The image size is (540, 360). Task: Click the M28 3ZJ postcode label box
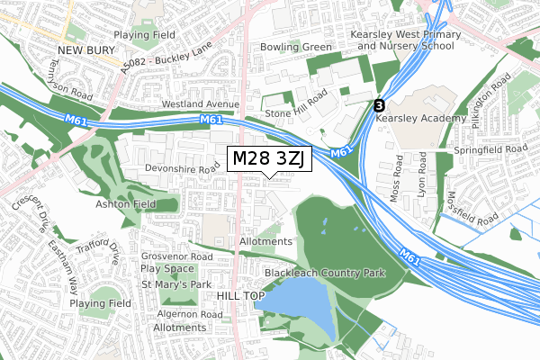tap(269, 159)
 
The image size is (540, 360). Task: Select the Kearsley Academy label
tap(422, 119)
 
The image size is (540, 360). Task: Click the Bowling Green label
tap(295, 46)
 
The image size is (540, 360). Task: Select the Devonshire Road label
tap(183, 168)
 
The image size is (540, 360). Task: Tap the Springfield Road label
tap(490, 148)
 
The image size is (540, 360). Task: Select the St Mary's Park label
tap(175, 284)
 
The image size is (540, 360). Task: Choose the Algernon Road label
tap(189, 314)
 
